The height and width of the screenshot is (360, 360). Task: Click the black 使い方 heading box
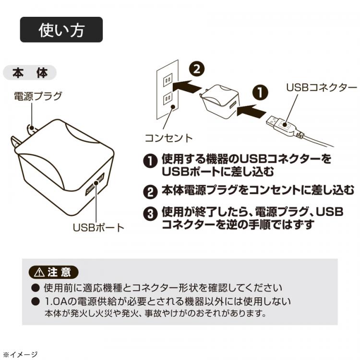(x=61, y=30)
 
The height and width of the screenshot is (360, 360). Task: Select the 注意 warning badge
(x=53, y=272)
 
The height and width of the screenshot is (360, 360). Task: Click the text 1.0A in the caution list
(x=54, y=302)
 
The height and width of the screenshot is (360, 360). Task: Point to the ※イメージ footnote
(x=20, y=354)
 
